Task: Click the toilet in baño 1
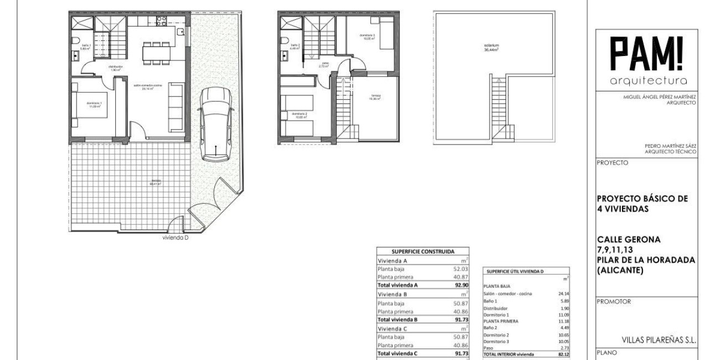point(75,40)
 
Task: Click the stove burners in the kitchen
point(162,22)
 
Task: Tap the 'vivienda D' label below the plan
point(176,239)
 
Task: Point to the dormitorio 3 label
point(367,36)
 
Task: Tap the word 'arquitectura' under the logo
point(646,81)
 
